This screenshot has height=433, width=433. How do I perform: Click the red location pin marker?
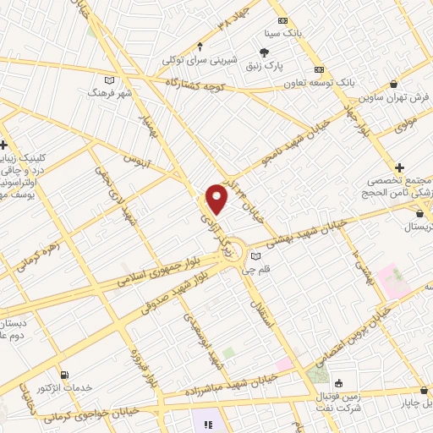coord(217,200)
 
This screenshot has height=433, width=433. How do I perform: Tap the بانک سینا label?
coord(282,34)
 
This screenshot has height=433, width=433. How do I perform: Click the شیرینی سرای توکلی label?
coord(198,60)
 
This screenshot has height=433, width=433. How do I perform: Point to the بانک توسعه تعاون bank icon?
coord(319,69)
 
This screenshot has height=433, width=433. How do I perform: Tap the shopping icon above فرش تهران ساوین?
coord(396,84)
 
